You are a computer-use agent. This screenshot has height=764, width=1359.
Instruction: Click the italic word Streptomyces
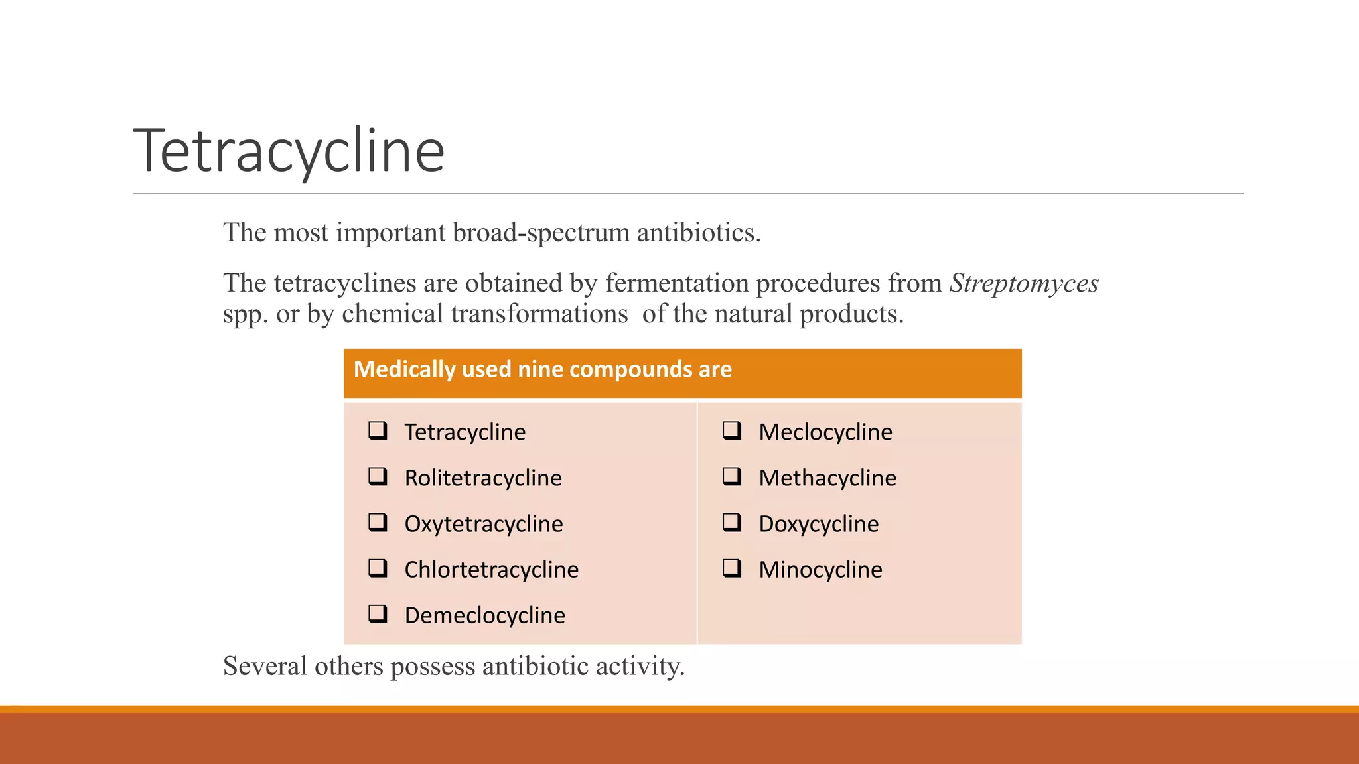pyautogui.click(x=1024, y=283)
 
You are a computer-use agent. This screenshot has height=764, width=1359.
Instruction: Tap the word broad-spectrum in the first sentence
pyautogui.click(x=541, y=233)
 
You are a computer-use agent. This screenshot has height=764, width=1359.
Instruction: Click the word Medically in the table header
pyautogui.click(x=404, y=369)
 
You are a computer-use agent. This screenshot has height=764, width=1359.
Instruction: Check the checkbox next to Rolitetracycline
pyautogui.click(x=378, y=476)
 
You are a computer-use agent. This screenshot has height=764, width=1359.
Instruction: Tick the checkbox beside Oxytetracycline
pyautogui.click(x=378, y=522)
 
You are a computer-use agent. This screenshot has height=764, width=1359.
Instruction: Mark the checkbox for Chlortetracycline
pyautogui.click(x=378, y=568)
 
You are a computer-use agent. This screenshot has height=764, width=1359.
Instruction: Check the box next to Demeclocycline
pyautogui.click(x=378, y=613)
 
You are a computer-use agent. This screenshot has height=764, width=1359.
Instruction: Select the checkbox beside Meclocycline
pyautogui.click(x=732, y=430)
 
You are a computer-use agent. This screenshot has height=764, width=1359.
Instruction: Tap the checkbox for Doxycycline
pyautogui.click(x=732, y=522)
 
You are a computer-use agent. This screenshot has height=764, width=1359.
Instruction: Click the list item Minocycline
pyautogui.click(x=820, y=570)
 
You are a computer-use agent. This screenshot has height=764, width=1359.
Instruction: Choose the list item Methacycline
pyautogui.click(x=827, y=478)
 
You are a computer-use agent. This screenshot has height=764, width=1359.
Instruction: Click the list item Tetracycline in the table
pyautogui.click(x=465, y=432)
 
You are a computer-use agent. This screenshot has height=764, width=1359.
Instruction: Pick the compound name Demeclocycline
pyautogui.click(x=484, y=615)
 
